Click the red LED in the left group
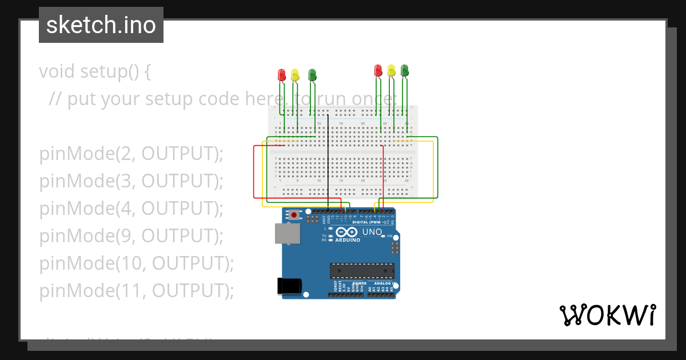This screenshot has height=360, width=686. (x=281, y=75)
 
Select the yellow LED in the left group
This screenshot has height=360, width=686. (x=295, y=75)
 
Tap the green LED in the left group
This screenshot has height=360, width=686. (x=312, y=75)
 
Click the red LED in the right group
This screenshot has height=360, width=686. (x=378, y=70)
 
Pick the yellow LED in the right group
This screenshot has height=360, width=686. (x=392, y=70)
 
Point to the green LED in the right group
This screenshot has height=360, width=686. (x=405, y=70)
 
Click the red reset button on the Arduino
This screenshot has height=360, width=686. (x=294, y=215)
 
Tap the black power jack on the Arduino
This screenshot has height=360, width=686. (x=288, y=286)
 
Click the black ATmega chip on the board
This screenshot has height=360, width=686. (x=362, y=270)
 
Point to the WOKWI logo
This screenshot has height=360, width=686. (x=607, y=315)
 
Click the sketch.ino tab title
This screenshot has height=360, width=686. (x=101, y=25)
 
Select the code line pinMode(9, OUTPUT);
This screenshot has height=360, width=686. (x=131, y=236)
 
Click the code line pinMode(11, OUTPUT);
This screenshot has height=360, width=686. (x=137, y=291)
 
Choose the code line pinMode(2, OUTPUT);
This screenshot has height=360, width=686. (x=131, y=154)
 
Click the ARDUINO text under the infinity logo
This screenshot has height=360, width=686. (x=348, y=240)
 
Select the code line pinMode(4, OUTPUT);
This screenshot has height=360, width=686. (x=131, y=209)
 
